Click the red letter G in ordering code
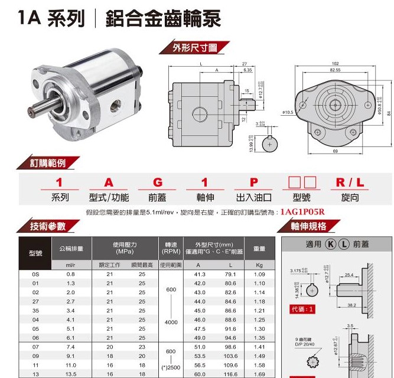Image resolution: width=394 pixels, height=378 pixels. pos(157,183)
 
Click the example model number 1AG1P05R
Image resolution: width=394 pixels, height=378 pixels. pos(303,211)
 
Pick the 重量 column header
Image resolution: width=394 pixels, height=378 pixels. pos(259,249)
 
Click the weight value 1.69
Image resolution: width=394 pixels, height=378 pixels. pos(259,374)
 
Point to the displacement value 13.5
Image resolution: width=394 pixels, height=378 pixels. pos(71,374)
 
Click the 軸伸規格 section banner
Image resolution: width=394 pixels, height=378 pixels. pos(308,226)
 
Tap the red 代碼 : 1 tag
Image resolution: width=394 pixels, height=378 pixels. pos(302,309)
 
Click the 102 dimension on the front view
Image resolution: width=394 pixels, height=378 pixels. pos(336,63)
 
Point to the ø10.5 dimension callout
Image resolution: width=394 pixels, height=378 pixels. pos(288,111)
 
